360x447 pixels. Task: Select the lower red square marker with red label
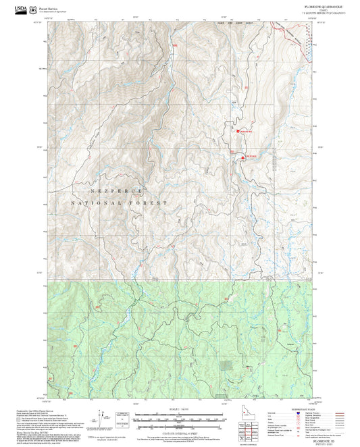[x=242, y=157]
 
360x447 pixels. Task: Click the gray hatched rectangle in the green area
[x=228, y=367]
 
